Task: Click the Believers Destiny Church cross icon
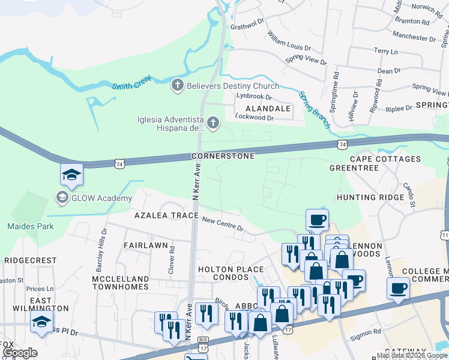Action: click(x=177, y=86)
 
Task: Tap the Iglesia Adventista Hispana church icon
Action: click(x=213, y=124)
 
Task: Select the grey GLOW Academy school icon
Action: click(x=62, y=197)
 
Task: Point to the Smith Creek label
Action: click(x=132, y=82)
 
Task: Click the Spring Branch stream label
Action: click(x=315, y=110)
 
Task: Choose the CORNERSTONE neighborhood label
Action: click(x=223, y=155)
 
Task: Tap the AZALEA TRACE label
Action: click(x=166, y=215)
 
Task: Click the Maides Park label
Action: click(x=30, y=226)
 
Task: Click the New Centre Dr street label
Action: click(x=222, y=224)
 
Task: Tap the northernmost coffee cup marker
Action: click(x=316, y=219)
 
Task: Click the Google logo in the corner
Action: click(x=20, y=353)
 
